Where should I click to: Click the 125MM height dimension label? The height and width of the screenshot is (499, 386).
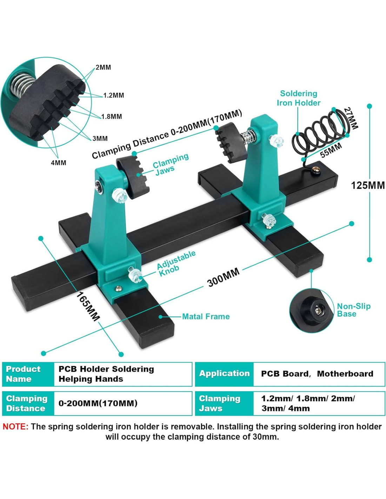point(367,185)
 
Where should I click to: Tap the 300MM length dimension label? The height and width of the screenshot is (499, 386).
point(223,277)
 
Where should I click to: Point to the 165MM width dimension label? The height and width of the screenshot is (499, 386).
point(88,306)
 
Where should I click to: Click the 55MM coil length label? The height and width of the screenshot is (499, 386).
point(331,150)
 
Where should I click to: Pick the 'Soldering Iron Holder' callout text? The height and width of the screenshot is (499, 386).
point(298,98)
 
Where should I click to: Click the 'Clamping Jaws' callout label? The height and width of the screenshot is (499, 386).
point(170,164)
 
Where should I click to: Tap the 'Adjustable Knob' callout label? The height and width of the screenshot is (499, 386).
point(175,263)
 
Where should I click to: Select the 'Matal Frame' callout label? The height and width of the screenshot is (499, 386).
point(206,317)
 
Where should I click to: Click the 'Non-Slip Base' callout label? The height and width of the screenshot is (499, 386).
point(353,310)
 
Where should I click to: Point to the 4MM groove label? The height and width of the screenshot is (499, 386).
point(58,163)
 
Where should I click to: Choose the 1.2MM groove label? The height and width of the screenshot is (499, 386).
point(113,95)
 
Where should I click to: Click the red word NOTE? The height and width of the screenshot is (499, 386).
point(15,427)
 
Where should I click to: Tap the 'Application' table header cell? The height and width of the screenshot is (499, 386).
point(224,374)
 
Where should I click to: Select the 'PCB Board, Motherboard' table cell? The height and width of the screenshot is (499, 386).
point(317,374)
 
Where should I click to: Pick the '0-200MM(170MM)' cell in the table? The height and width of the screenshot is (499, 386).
point(98,404)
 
